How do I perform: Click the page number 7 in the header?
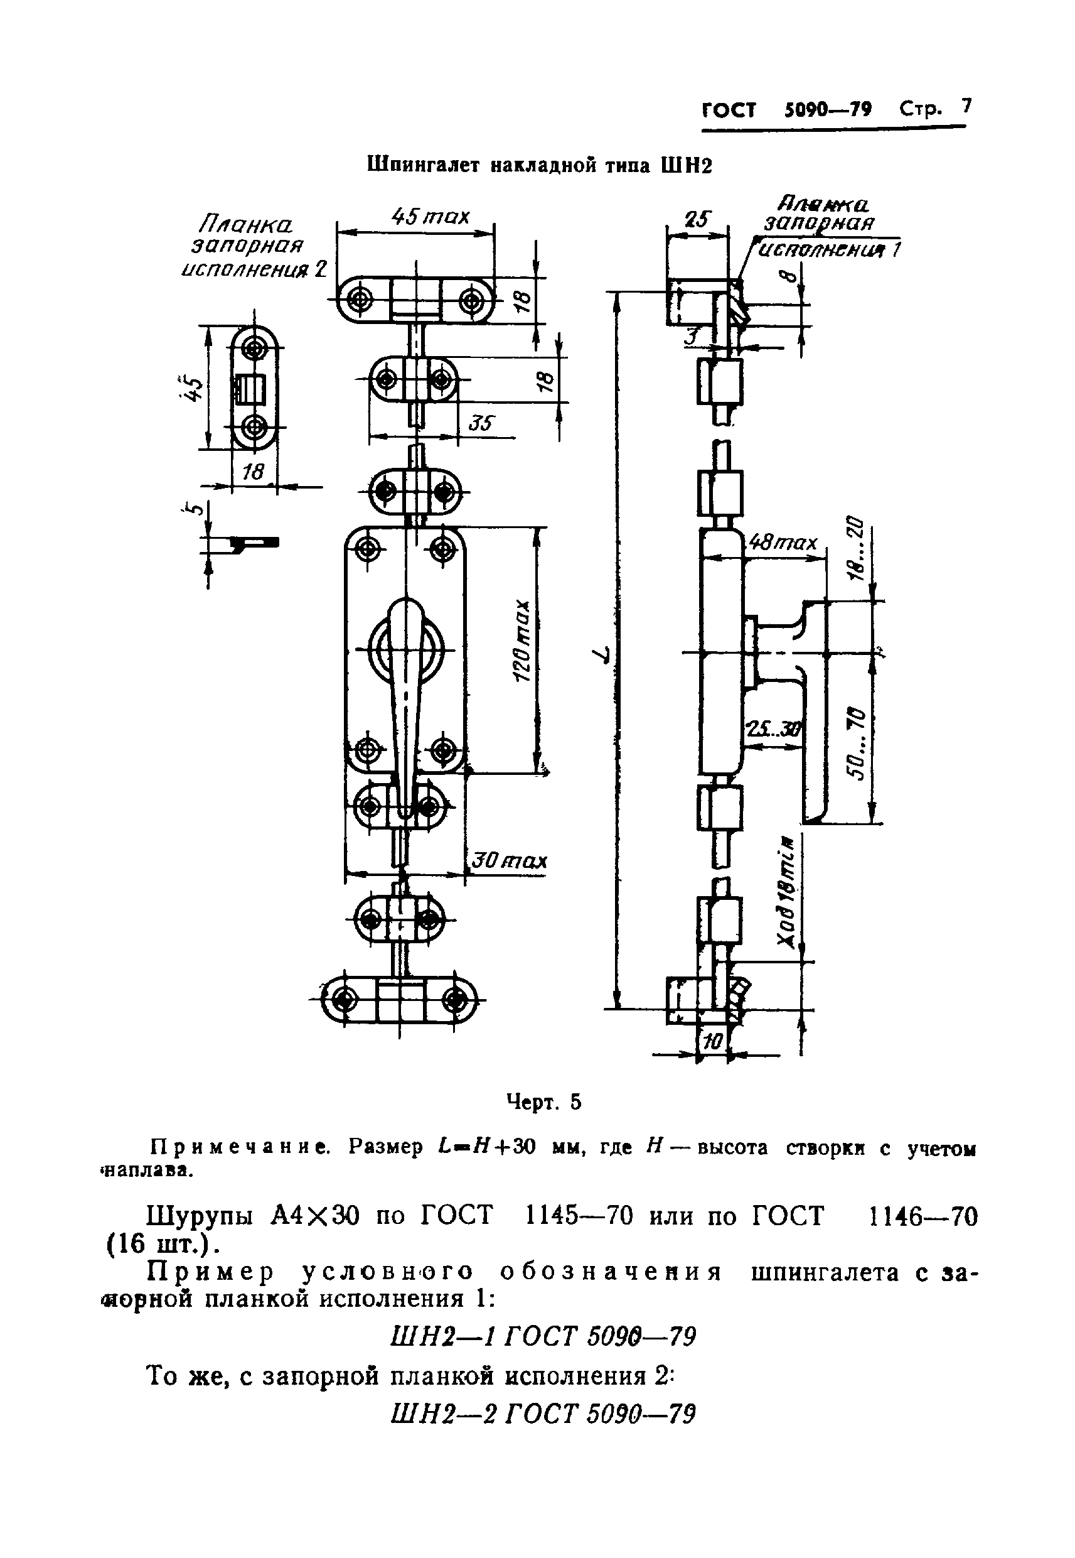click(x=966, y=107)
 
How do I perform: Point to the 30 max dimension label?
click(x=508, y=861)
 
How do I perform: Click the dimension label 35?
click(x=481, y=423)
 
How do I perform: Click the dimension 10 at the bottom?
click(x=712, y=1042)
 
